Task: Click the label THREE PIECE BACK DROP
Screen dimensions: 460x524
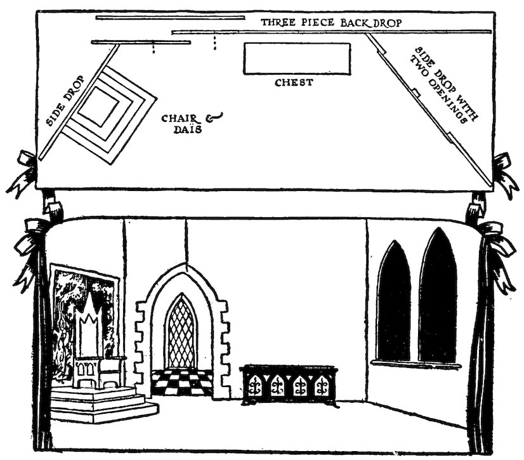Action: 332,22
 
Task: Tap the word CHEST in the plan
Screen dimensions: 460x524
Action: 293,82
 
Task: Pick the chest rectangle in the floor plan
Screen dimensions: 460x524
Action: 297,58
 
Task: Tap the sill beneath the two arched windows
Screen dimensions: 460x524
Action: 416,364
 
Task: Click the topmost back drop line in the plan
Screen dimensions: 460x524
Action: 170,18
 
